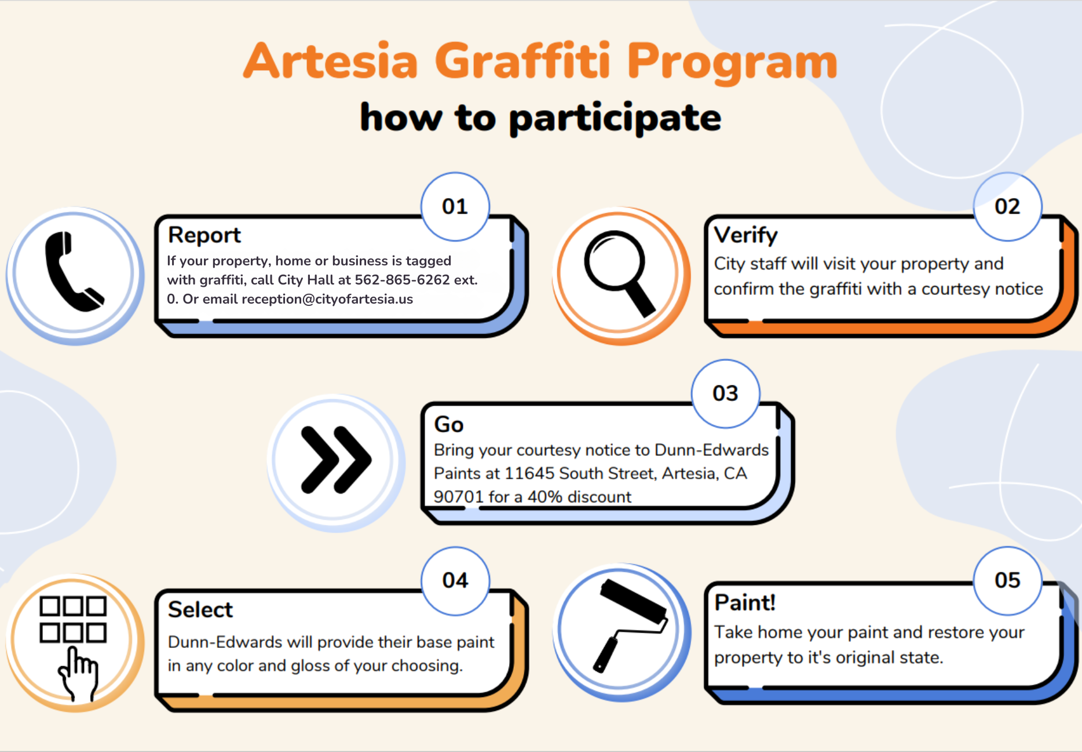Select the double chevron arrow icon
point(336,460)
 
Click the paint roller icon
point(630,625)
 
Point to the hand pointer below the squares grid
point(78,674)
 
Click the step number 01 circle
point(455,206)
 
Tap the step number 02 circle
point(1008,206)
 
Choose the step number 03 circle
point(726,393)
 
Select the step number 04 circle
point(455,581)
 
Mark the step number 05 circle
point(1008,581)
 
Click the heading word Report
point(204,236)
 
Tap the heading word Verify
point(746,236)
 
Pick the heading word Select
point(200,609)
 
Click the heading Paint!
point(745,603)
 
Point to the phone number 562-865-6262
point(403,280)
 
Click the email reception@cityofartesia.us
point(327,299)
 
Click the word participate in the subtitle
point(615,119)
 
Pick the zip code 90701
point(459,497)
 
